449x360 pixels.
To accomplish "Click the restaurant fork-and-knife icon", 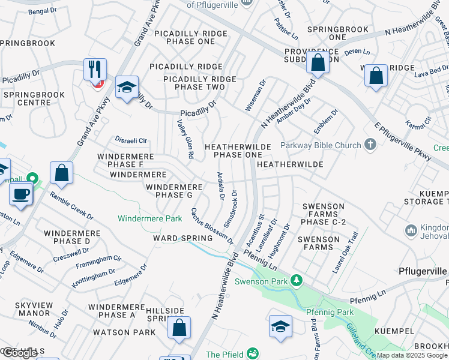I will (95, 70).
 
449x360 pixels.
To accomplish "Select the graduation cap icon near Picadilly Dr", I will (127, 88).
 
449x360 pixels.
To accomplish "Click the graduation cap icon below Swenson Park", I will (280, 326).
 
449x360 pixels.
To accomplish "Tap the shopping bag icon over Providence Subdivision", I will (317, 62).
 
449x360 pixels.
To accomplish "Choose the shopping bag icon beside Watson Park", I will (179, 328).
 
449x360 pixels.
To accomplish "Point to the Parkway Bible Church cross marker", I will (370, 145).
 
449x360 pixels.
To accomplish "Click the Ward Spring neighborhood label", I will (183, 238).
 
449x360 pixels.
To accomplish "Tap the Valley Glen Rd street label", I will (185, 139).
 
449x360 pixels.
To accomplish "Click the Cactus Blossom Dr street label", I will (212, 226).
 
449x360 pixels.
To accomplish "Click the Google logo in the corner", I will (20, 353).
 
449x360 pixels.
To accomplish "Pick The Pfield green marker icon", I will (253, 353).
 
